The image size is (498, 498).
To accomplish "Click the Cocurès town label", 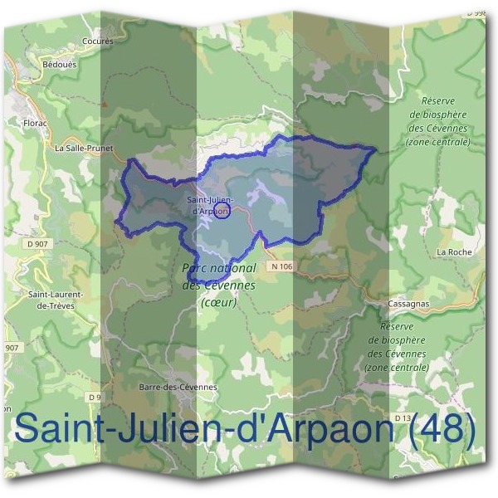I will tap(98, 40).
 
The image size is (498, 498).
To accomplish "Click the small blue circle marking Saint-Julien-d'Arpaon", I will tap(222, 212).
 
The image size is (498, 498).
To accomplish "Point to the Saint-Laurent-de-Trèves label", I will tap(51, 300).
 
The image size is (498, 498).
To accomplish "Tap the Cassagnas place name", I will tap(407, 305).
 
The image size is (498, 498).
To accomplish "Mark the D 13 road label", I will tap(403, 417).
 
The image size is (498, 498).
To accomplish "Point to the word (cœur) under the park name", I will tap(219, 303).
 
